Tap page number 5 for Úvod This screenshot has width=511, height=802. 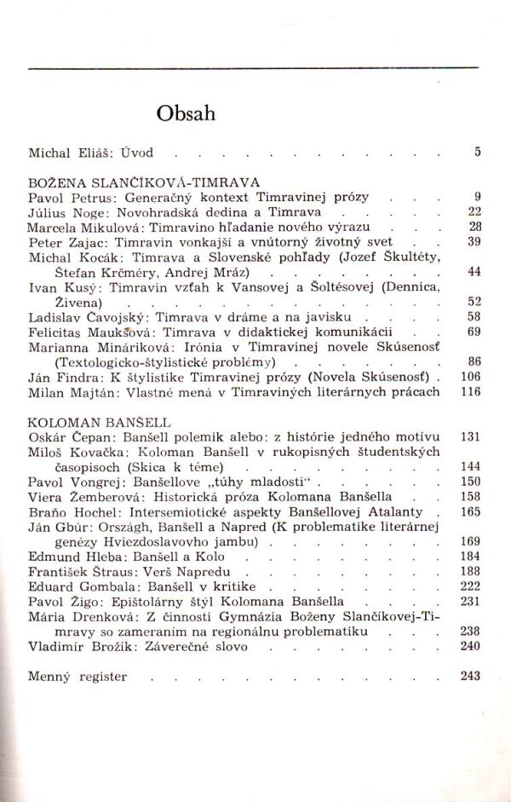[x=478, y=153]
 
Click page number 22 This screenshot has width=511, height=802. [x=475, y=211]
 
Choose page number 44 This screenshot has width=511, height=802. [x=475, y=272]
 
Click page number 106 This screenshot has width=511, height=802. [x=471, y=377]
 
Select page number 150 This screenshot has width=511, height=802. [x=471, y=482]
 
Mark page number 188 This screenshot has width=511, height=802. [x=471, y=572]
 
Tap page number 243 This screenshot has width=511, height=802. [x=471, y=677]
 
